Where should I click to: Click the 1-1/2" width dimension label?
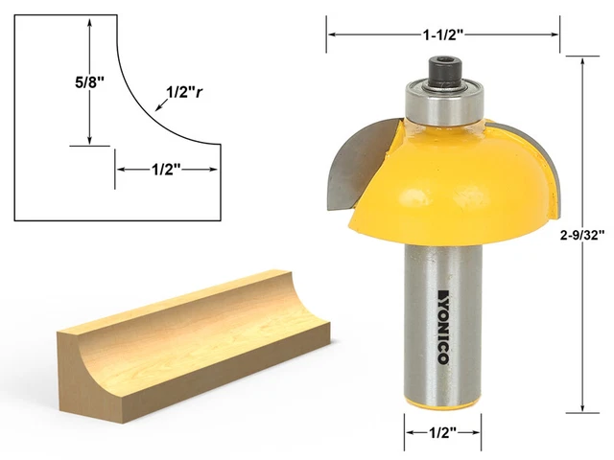443,34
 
